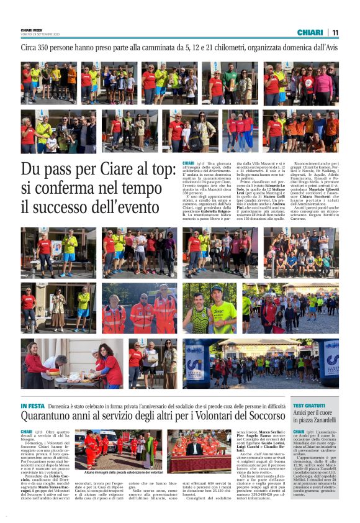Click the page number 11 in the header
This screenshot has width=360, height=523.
(x=335, y=32)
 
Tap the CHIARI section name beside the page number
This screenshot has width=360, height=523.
(x=310, y=32)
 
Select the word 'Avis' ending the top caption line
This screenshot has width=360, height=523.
(x=331, y=47)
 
